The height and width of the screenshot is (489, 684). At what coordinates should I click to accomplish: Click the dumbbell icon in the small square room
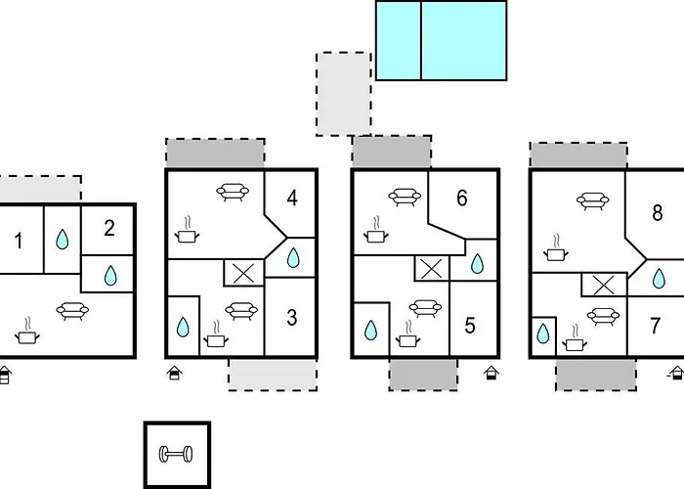pyautogui.click(x=175, y=454)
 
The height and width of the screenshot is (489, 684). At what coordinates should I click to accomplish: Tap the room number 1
pyautogui.click(x=18, y=241)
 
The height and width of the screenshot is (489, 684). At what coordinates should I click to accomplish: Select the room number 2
pyautogui.click(x=109, y=229)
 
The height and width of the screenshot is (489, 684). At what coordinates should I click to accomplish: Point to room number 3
pyautogui.click(x=292, y=318)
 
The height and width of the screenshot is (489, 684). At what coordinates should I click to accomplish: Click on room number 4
pyautogui.click(x=292, y=199)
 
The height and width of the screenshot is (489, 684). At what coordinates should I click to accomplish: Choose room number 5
pyautogui.click(x=470, y=326)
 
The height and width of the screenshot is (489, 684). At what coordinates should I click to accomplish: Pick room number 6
pyautogui.click(x=462, y=198)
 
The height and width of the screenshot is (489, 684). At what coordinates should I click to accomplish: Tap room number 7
pyautogui.click(x=656, y=326)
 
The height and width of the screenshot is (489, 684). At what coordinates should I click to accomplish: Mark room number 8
pyautogui.click(x=658, y=213)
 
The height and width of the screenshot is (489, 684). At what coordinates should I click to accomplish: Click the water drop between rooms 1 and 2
pyautogui.click(x=63, y=240)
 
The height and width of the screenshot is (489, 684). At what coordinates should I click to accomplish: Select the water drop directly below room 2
pyautogui.click(x=110, y=276)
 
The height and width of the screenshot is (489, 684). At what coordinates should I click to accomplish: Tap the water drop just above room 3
pyautogui.click(x=293, y=257)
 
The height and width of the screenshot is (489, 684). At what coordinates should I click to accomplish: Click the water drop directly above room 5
pyautogui.click(x=478, y=263)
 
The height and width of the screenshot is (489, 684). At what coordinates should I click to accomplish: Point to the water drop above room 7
pyautogui.click(x=659, y=279)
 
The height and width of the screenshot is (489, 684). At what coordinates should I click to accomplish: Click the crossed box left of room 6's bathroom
pyautogui.click(x=432, y=268)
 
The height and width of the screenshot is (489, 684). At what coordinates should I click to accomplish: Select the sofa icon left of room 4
pyautogui.click(x=233, y=192)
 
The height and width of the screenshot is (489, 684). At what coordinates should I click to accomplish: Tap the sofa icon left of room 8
pyautogui.click(x=592, y=200)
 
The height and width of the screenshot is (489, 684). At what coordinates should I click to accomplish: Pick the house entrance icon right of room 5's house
pyautogui.click(x=492, y=373)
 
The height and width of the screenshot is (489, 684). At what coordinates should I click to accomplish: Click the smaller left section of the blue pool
pyautogui.click(x=399, y=41)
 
